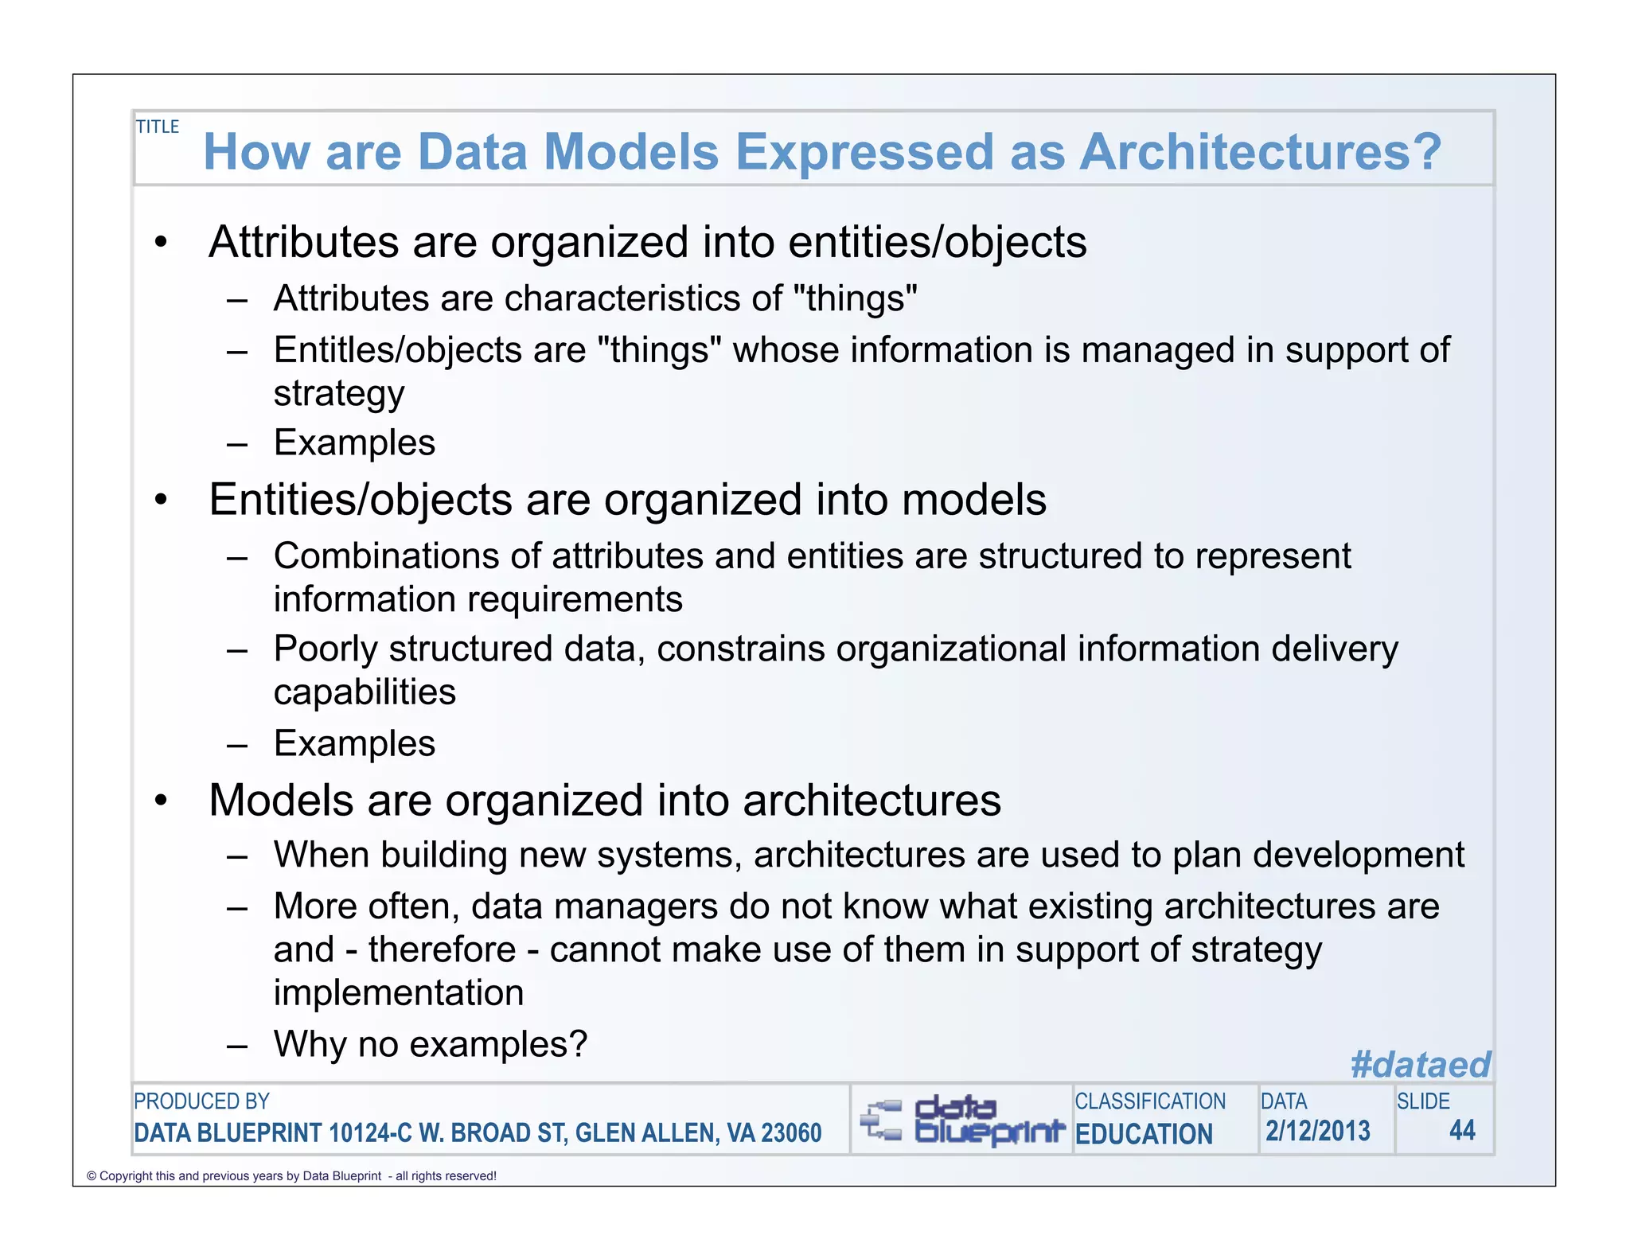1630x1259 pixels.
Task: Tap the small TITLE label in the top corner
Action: [158, 127]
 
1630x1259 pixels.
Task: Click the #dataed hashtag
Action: [1420, 1064]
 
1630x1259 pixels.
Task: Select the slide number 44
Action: [1462, 1130]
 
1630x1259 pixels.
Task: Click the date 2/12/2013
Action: [1318, 1131]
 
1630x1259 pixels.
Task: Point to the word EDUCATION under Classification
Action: [1144, 1134]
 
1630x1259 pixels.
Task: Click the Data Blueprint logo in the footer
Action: [961, 1120]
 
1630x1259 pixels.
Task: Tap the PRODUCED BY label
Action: [201, 1101]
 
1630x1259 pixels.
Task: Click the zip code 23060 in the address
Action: [791, 1132]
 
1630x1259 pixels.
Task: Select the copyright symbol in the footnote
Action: [91, 1176]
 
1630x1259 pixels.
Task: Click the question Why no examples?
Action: [431, 1043]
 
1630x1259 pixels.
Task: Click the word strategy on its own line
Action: [339, 394]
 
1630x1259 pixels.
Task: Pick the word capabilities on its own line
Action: [365, 692]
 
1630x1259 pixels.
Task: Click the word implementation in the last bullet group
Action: [399, 992]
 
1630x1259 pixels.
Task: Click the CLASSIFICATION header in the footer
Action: [1150, 1101]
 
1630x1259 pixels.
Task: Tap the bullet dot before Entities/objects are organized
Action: [162, 501]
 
